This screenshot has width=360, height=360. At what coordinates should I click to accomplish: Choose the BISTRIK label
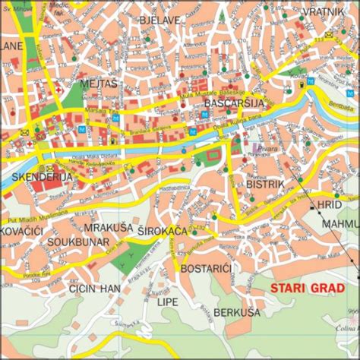point(265,183)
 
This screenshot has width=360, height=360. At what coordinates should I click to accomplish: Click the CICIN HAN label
point(94,289)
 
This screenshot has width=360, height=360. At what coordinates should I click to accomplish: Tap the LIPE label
point(166,302)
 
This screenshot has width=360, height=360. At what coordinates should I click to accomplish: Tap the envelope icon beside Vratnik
point(328,35)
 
